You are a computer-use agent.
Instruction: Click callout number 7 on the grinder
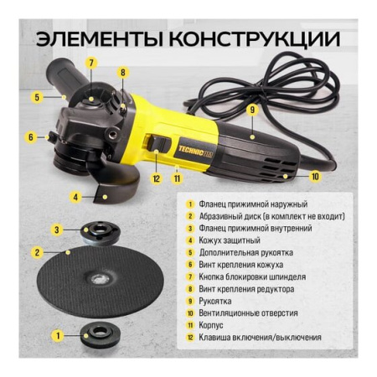point(91,63)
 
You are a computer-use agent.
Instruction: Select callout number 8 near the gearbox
point(122,72)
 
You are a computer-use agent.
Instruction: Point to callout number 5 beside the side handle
point(37,97)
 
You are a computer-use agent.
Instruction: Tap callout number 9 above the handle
point(250,110)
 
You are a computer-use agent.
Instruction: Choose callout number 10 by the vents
point(315,177)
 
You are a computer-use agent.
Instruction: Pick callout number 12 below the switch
point(155,177)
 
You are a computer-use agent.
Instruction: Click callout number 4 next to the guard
point(76,198)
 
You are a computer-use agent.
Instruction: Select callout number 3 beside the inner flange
point(57,229)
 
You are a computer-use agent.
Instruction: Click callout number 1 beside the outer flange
point(57,335)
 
